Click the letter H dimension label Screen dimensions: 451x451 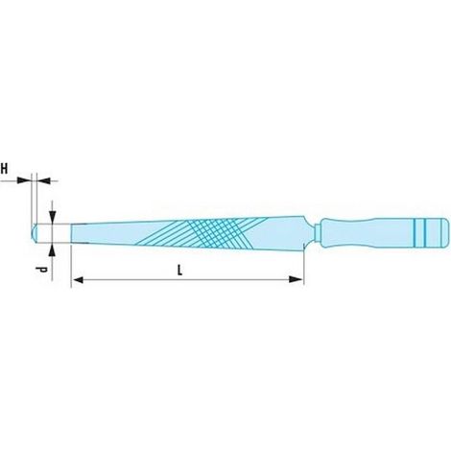pyautogui.click(x=4, y=169)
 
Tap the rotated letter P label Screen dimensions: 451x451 pyautogui.click(x=40, y=270)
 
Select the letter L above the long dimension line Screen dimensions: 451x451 pyautogui.click(x=180, y=271)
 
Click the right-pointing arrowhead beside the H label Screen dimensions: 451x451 pyautogui.click(x=24, y=180)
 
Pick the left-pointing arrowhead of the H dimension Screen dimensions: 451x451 pyautogui.click(x=44, y=180)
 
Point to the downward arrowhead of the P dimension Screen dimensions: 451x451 pyautogui.click(x=53, y=217)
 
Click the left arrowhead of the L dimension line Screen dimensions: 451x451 pyautogui.click(x=78, y=280)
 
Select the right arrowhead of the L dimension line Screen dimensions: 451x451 pyautogui.click(x=296, y=279)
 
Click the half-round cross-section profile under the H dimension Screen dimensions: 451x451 pyautogui.click(x=35, y=232)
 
